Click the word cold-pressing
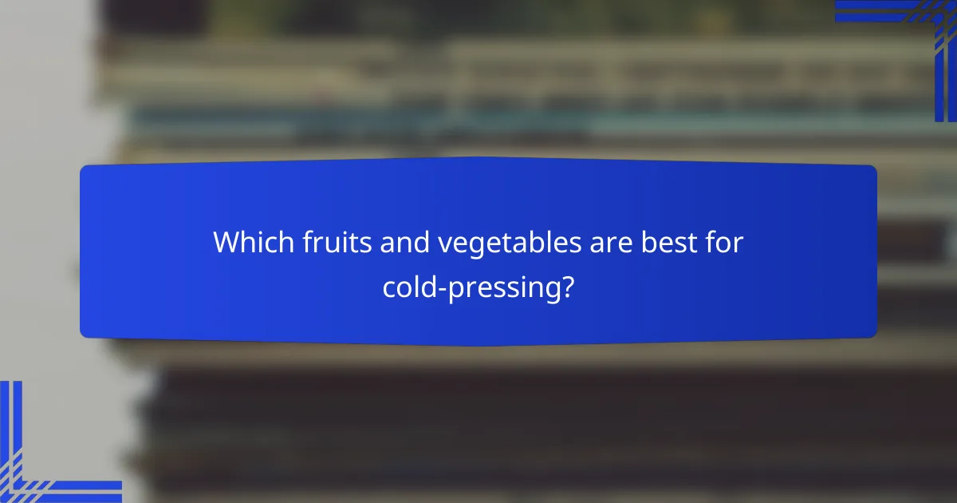[471, 288]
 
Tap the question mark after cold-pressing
[566, 287]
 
